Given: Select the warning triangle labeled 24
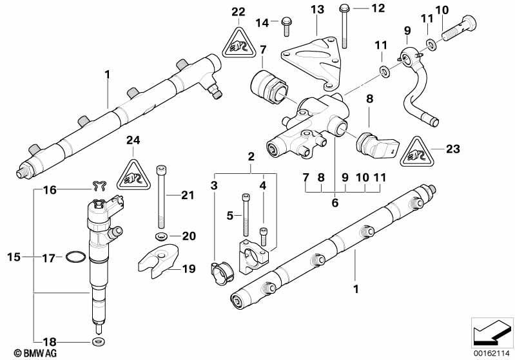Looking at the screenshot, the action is coord(133,176).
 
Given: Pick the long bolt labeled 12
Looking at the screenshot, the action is coord(344,26).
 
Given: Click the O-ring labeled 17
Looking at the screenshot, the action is coord(76,257).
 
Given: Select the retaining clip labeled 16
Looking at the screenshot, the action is coord(99,186).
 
